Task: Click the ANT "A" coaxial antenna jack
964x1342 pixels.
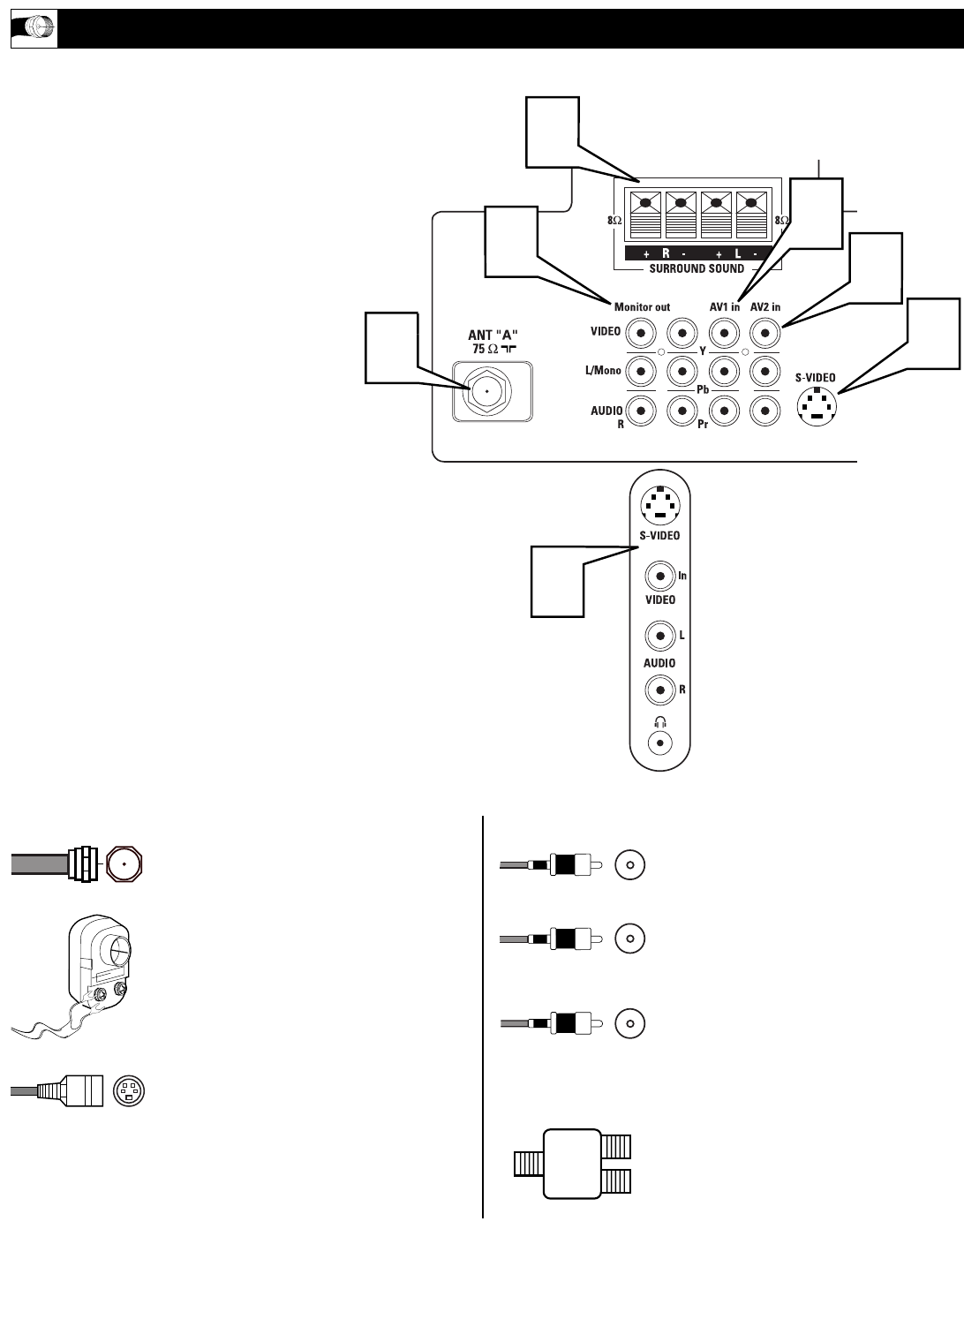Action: (487, 391)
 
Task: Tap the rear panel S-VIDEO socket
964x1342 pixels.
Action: (817, 408)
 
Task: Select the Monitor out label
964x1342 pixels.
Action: (642, 307)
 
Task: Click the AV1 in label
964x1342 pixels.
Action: (724, 307)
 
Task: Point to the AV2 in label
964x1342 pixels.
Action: (764, 307)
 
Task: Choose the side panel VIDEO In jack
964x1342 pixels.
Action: (659, 577)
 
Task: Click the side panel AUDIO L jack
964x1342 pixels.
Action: (659, 635)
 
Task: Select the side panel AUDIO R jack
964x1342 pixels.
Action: (659, 689)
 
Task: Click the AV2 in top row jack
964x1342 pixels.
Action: (764, 333)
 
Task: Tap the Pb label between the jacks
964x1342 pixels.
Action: (703, 389)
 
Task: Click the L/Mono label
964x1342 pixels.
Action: (603, 371)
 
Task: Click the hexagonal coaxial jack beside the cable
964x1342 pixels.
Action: (124, 863)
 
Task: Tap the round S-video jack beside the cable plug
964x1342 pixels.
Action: (129, 1091)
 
